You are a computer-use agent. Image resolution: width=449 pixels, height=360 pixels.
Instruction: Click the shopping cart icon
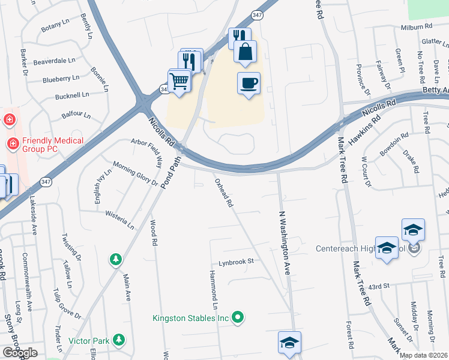pos(179,80)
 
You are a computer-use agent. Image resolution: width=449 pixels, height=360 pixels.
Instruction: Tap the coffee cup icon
pos(249,83)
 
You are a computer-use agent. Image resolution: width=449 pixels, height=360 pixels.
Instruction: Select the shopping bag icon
pos(245,52)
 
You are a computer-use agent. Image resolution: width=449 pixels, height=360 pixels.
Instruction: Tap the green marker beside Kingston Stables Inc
pos(238,317)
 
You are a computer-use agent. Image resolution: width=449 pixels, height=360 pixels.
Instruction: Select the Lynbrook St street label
pos(237,262)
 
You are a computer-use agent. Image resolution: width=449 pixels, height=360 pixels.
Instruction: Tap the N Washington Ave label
pos(285,242)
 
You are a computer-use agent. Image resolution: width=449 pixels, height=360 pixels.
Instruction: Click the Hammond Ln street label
pos(213,286)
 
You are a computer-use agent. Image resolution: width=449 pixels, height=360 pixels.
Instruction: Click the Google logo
pos(20,353)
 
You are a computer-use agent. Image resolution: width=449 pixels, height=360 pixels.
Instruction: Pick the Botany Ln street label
pos(55,28)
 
